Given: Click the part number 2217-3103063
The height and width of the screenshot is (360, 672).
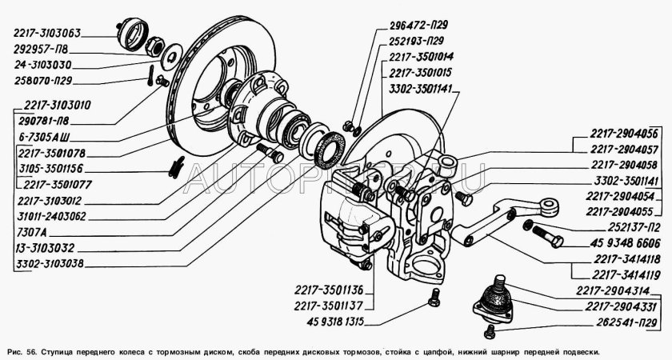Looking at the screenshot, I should [x=46, y=34].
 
